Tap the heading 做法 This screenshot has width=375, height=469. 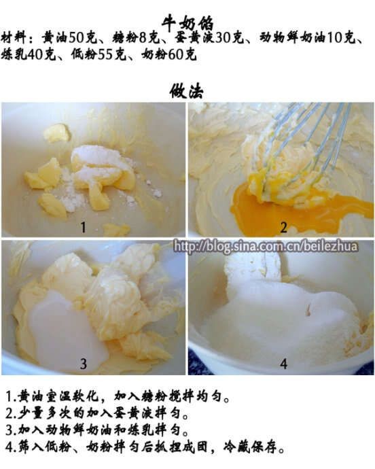click(187, 91)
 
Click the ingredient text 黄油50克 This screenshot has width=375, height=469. click(69, 38)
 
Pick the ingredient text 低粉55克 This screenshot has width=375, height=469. click(99, 55)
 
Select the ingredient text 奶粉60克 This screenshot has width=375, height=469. click(169, 55)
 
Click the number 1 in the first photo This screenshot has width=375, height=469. click(83, 228)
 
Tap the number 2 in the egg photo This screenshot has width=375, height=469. click(283, 228)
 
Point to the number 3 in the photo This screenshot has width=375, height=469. click(84, 364)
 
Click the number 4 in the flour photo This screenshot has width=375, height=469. click(283, 364)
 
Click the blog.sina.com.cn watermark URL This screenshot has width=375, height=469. click(266, 247)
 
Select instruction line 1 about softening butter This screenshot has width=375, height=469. click(118, 397)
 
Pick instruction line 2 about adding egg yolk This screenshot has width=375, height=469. click(98, 414)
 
